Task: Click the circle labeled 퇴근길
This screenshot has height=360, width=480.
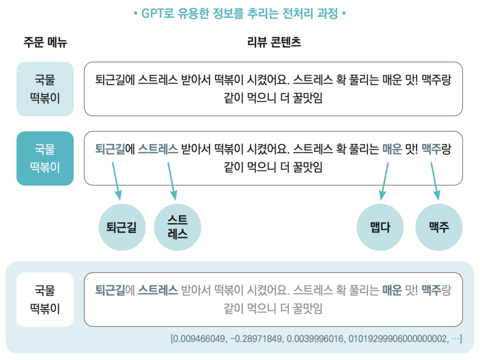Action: [x=122, y=227]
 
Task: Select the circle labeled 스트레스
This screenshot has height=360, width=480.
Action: [x=177, y=227]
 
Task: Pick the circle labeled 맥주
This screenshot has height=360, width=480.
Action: [x=439, y=227]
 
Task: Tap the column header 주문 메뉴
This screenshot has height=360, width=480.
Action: [x=45, y=43]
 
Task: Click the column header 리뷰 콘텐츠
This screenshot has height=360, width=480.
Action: [x=274, y=43]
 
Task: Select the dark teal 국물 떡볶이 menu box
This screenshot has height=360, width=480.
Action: [x=45, y=158]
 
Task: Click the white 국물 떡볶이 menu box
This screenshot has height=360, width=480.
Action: [x=45, y=300]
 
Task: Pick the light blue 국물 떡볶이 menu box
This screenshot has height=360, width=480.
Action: [x=45, y=89]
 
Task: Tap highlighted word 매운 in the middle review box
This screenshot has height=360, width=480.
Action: [x=392, y=150]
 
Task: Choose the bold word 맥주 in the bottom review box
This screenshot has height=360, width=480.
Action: [x=431, y=290]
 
